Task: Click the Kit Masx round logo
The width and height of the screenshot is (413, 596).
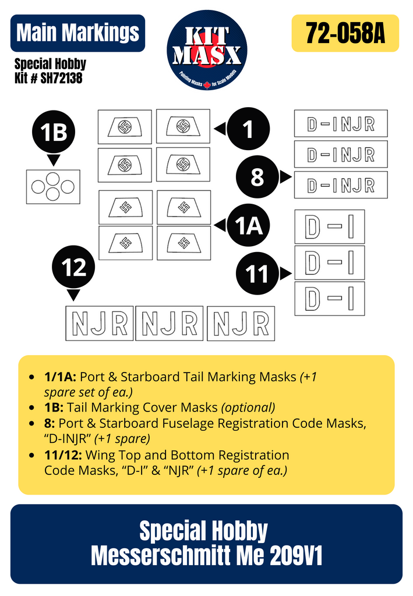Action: (207, 49)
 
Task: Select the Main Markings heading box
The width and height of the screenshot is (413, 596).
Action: (77, 33)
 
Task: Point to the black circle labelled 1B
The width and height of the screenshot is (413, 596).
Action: (54, 133)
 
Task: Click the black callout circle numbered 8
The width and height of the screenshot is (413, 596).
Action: (257, 177)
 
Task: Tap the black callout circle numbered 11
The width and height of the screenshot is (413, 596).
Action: (257, 274)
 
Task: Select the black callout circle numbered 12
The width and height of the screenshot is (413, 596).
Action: (74, 268)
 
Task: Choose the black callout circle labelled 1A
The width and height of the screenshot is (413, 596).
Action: (249, 225)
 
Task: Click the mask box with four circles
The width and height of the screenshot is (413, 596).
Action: (53, 187)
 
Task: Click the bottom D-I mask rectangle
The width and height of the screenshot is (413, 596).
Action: (330, 299)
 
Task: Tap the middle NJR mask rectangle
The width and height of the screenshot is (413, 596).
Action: (170, 324)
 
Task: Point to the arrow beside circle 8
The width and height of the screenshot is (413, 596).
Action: (285, 177)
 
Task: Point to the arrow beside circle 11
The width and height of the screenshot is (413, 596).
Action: (285, 274)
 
